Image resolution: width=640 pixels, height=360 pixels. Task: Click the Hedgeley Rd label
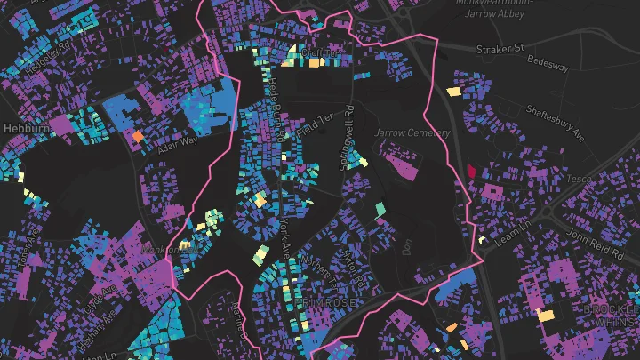coord(49,58)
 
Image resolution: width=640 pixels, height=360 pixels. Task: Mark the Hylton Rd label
coord(353,264)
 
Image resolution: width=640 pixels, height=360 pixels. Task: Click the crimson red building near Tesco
coord(471,171)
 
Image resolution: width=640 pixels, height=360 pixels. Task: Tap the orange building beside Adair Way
coord(138,136)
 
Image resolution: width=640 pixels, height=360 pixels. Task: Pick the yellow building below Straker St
coord(453,91)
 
